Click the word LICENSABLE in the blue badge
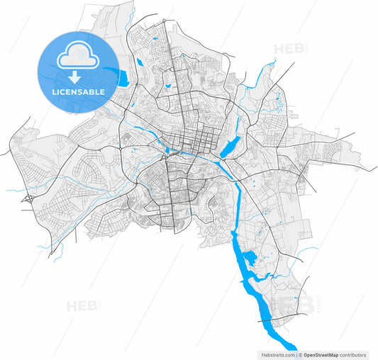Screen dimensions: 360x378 coord(79,92)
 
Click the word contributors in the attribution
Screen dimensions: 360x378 coord(353,354)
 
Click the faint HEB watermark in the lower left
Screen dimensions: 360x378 coord(82,306)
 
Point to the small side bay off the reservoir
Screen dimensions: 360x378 coord(250,258)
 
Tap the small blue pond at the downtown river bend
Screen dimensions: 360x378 coord(174,151)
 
